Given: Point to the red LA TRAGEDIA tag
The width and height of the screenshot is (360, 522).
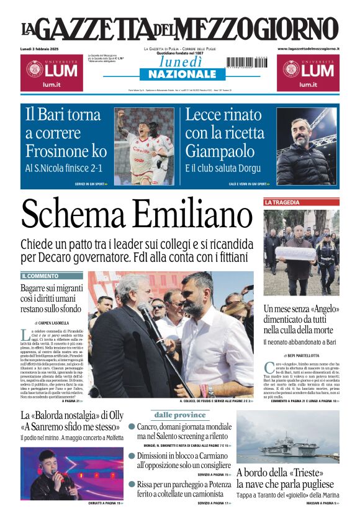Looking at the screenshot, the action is [282, 202].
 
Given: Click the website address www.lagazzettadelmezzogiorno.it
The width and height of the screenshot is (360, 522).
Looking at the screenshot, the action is [308, 48].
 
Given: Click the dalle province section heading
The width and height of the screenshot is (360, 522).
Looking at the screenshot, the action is [179, 415].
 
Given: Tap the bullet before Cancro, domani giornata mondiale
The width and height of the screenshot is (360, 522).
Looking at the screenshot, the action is [132, 427].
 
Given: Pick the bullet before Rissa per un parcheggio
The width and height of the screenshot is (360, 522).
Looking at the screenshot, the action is [132, 484].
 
